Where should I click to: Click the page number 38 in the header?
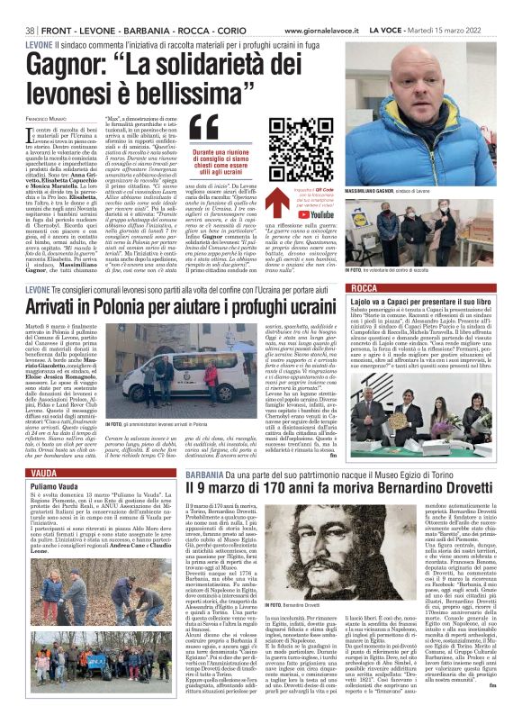pos(30,7)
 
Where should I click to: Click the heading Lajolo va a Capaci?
pos(423,301)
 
